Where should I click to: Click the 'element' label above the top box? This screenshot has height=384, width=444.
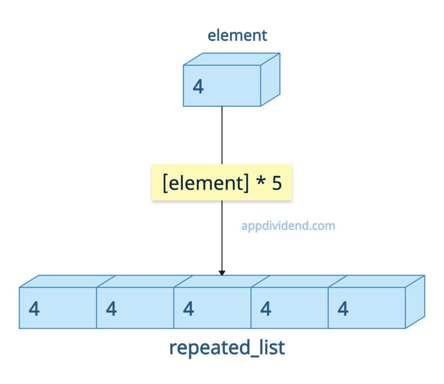coord(237,36)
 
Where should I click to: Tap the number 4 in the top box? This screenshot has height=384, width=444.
coord(198,87)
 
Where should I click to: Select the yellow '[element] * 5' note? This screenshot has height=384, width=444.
coord(222,182)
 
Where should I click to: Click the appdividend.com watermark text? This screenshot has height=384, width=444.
coord(288,226)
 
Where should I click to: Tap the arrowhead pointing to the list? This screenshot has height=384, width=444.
coord(222,273)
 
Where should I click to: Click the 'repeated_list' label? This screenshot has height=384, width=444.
coord(227,348)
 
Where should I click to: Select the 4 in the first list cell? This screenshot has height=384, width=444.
coord(34,309)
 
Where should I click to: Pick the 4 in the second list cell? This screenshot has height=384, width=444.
coord(111,309)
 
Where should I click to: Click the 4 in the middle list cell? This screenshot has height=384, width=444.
coord(189,309)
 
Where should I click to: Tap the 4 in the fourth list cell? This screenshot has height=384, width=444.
coord(266,309)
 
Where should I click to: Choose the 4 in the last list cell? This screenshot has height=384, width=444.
coord(343,309)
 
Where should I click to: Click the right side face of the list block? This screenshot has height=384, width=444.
coord(415,302)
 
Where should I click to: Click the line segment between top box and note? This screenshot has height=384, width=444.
coord(222,135)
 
